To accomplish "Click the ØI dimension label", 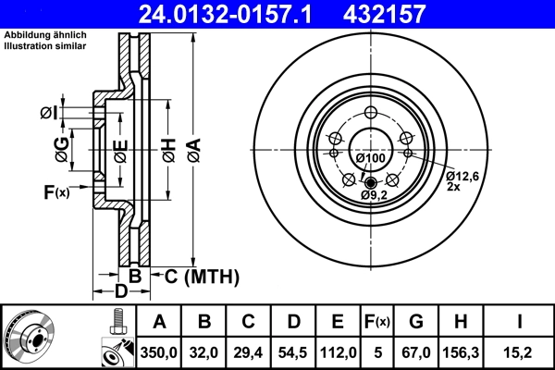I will [49, 113].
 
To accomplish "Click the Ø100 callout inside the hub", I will [371, 159].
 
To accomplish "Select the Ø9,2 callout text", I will [374, 195].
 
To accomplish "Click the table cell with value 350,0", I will [159, 351].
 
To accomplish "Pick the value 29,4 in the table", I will [248, 351].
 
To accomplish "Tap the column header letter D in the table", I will [292, 322].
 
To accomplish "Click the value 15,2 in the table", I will [521, 351].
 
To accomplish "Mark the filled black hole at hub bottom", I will [371, 182].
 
